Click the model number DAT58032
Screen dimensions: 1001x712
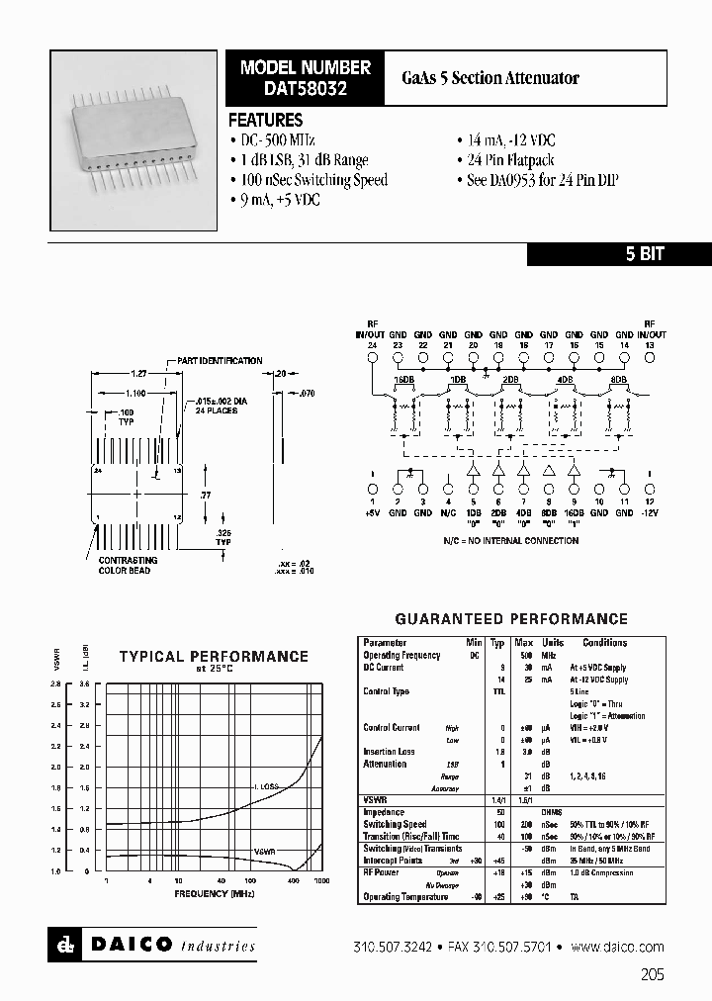[x=306, y=87]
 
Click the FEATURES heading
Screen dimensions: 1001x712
[x=265, y=120]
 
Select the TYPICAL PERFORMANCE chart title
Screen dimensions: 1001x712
[x=214, y=656]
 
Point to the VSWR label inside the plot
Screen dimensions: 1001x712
[x=264, y=850]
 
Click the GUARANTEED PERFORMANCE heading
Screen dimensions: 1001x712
[x=511, y=619]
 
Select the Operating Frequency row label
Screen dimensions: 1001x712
[x=401, y=656]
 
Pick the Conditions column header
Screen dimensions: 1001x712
[x=604, y=643]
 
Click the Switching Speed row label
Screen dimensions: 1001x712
[x=395, y=824]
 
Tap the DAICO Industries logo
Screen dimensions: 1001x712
[x=153, y=945]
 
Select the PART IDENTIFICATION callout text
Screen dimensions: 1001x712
[x=220, y=361]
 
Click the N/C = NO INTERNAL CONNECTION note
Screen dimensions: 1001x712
[x=508, y=541]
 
